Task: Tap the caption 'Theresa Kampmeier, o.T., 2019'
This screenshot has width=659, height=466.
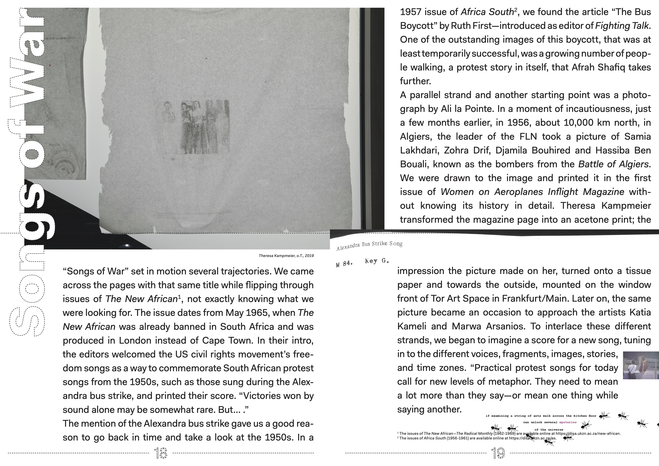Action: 286,255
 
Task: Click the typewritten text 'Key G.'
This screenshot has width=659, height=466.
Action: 377,261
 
